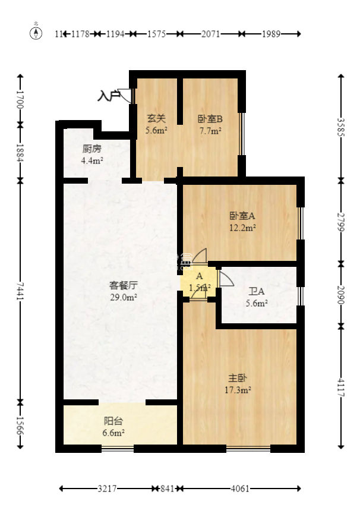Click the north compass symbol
tap(37, 33)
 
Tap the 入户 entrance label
tap(108, 95)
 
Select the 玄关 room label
tap(156, 118)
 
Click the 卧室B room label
tap(210, 118)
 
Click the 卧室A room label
tap(242, 216)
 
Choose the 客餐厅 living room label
tap(122, 285)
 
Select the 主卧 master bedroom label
tap(238, 377)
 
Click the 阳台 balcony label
tap(113, 421)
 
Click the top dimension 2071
tap(210, 34)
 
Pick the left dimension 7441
tap(21, 291)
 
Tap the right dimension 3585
tap(341, 127)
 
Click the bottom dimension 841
tap(168, 489)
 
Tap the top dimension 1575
tap(157, 34)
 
